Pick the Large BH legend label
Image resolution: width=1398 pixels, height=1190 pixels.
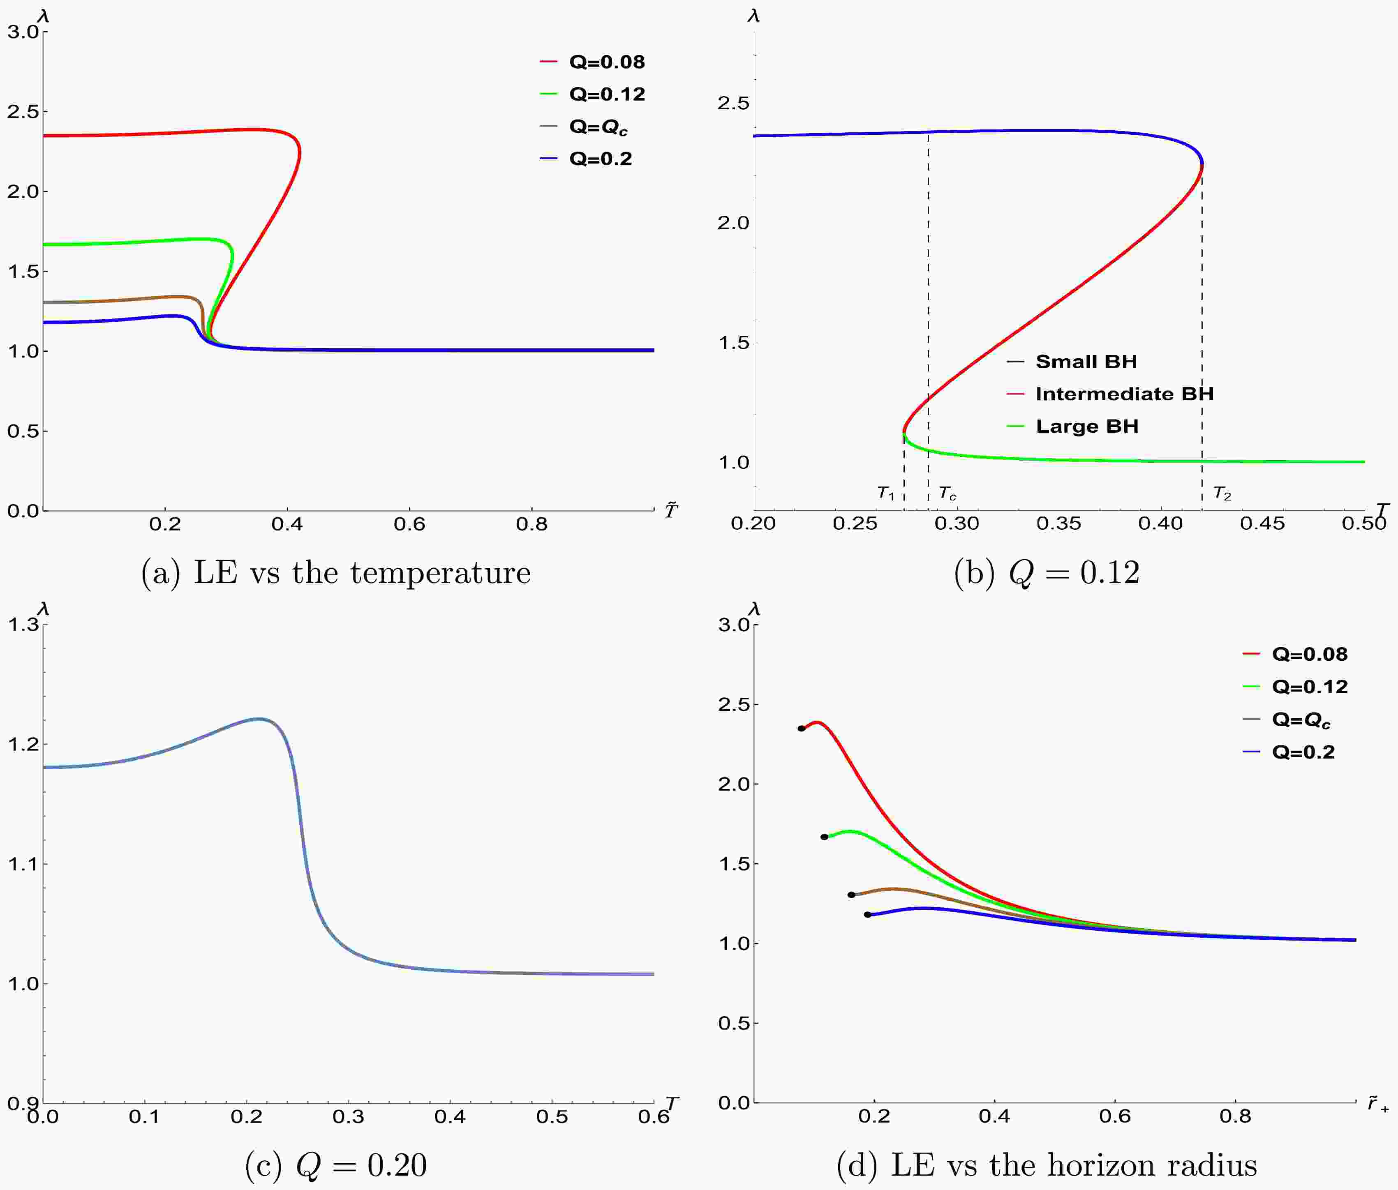pos(1087,427)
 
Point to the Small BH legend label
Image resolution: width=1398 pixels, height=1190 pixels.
pos(1086,362)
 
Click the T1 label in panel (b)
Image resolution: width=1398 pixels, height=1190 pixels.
pos(885,493)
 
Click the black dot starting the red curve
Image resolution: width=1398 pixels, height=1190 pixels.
pos(801,729)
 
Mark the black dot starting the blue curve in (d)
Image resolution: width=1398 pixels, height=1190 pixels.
pos(867,915)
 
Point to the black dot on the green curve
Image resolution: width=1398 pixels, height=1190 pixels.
pos(824,837)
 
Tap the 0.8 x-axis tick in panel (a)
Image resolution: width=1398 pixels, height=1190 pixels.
pos(531,524)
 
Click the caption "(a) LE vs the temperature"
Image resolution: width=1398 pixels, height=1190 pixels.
pos(335,573)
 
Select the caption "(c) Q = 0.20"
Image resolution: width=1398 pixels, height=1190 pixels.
pos(335,1165)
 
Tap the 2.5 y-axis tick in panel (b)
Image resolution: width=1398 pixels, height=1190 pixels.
pos(733,103)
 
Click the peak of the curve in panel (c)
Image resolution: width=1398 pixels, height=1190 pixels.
pos(259,718)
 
